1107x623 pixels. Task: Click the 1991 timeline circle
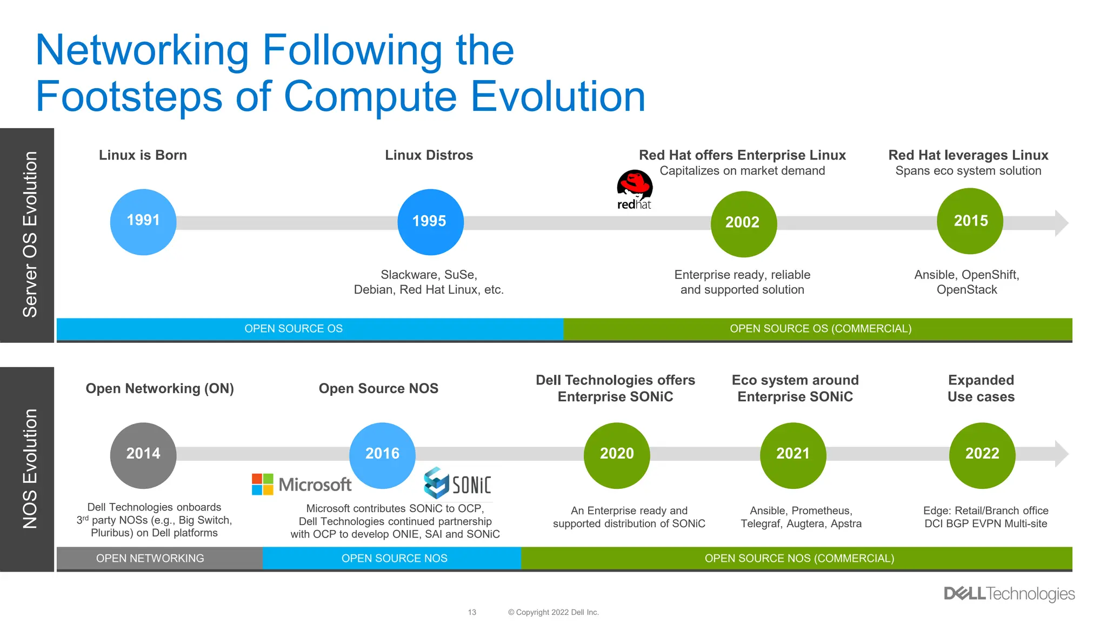coord(143,222)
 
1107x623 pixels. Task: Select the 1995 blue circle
coord(430,222)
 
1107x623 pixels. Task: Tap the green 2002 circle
coord(743,223)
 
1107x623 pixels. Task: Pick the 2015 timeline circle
coord(970,221)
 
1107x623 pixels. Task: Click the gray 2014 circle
coord(143,455)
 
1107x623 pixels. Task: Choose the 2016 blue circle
coord(382,455)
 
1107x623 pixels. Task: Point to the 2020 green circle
coord(617,455)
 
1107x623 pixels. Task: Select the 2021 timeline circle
coord(793,455)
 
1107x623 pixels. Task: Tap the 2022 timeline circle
coord(982,455)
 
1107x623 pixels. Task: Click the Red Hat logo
coord(635,190)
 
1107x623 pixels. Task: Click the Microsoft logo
coord(302,484)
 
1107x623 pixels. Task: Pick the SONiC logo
coord(457,483)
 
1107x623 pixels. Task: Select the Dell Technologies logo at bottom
coord(1009,594)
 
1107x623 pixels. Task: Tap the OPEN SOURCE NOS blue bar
coord(394,558)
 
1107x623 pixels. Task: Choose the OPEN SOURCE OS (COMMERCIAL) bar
coord(820,329)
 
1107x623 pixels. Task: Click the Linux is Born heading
coord(143,155)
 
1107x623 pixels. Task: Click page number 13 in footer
coord(472,612)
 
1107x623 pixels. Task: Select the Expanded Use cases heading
coord(981,388)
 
